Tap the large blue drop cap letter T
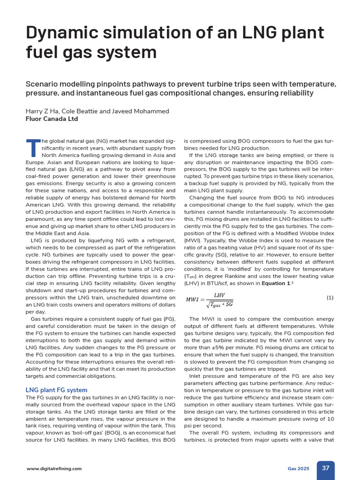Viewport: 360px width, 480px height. (33, 148)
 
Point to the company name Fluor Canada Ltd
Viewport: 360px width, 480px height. (52, 119)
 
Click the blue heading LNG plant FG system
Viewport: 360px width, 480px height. (56, 390)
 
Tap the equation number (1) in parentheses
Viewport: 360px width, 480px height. (330, 298)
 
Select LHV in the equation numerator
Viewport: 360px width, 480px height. (219, 295)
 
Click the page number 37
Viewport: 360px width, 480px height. (325, 468)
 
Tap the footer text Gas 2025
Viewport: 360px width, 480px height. (299, 468)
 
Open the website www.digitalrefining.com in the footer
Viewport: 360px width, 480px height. (54, 468)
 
